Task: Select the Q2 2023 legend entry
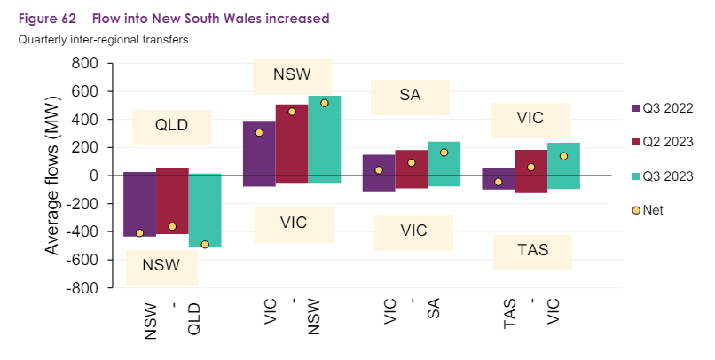pyautogui.click(x=662, y=141)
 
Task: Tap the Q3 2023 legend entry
pyautogui.click(x=662, y=176)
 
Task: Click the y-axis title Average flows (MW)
pyautogui.click(x=53, y=176)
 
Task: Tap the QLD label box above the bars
pyautogui.click(x=171, y=126)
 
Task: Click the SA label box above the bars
pyautogui.click(x=410, y=97)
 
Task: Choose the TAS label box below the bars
pyautogui.click(x=532, y=251)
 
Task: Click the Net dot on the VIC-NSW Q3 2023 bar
pyautogui.click(x=324, y=103)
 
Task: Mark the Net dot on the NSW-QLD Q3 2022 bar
pyautogui.click(x=139, y=233)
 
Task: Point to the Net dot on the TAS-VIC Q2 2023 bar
pyautogui.click(x=531, y=168)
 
